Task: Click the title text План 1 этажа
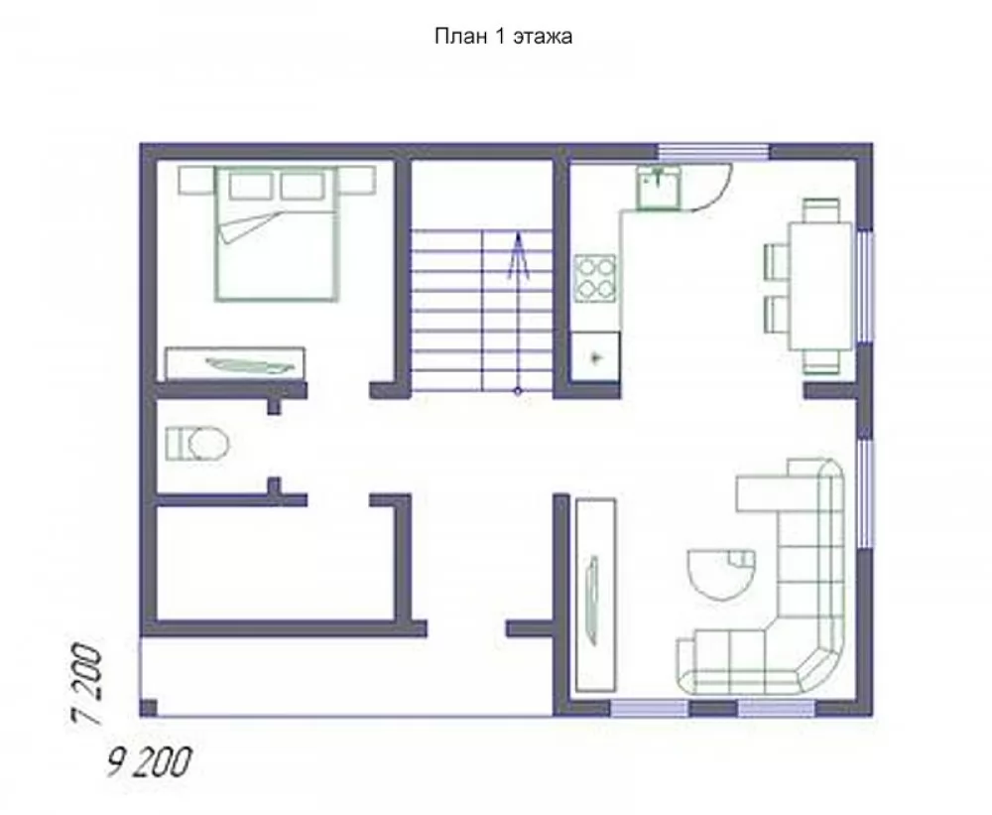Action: (504, 36)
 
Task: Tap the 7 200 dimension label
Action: (86, 684)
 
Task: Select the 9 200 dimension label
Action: (150, 762)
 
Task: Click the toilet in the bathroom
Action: (196, 444)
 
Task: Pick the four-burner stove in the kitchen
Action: (594, 277)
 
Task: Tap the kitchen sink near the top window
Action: (659, 188)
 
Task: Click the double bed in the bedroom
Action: (276, 233)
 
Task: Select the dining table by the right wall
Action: (820, 286)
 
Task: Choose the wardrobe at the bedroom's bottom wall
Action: (235, 363)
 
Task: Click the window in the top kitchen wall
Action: (713, 152)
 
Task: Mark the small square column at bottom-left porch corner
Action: (148, 708)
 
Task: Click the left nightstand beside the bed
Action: (196, 181)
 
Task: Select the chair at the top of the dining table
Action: (821, 210)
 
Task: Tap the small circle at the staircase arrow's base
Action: (518, 391)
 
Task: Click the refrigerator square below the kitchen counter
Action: (595, 357)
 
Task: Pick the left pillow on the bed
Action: (251, 187)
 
